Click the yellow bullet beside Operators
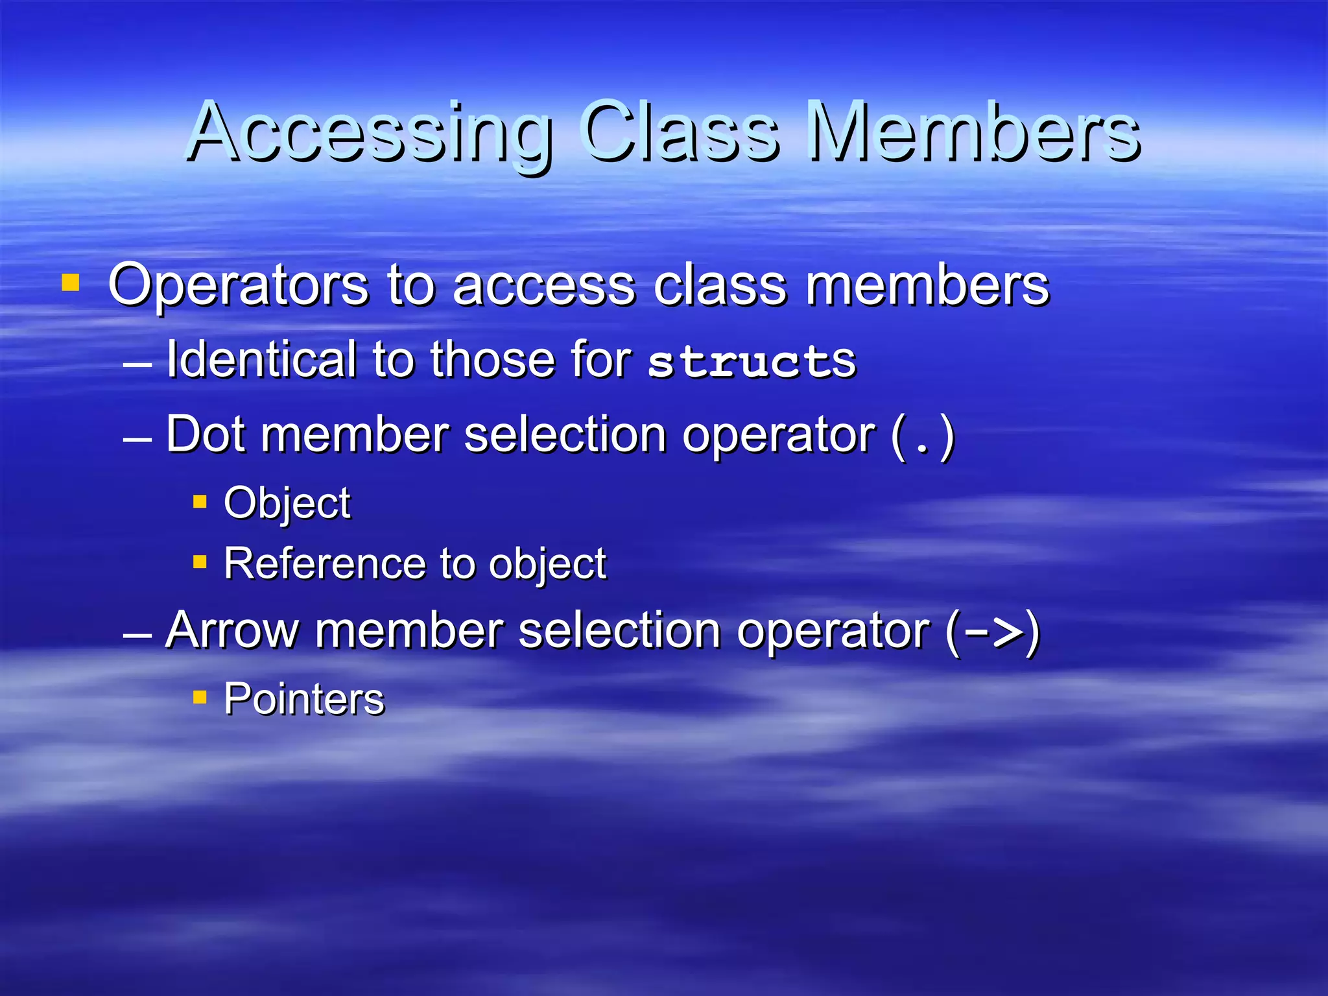[x=70, y=283]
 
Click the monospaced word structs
[x=752, y=362]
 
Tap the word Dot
[x=206, y=434]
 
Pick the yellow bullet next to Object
[x=200, y=501]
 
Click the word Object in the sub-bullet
[x=287, y=503]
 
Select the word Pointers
[x=304, y=699]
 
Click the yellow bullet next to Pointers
[x=200, y=698]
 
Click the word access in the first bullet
[x=543, y=287]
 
